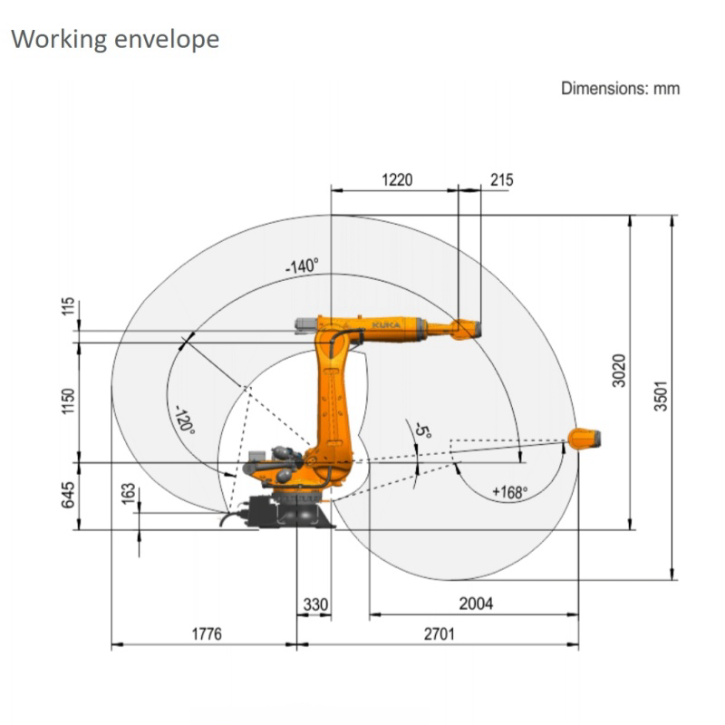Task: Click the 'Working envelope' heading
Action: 115,40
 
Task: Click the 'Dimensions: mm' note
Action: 620,88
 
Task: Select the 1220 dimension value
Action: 397,179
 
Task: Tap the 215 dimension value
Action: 502,179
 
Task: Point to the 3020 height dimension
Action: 619,371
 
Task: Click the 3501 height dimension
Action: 662,396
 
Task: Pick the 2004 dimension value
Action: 476,604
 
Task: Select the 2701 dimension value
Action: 439,633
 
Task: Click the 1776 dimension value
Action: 207,633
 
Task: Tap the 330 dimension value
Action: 315,604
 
